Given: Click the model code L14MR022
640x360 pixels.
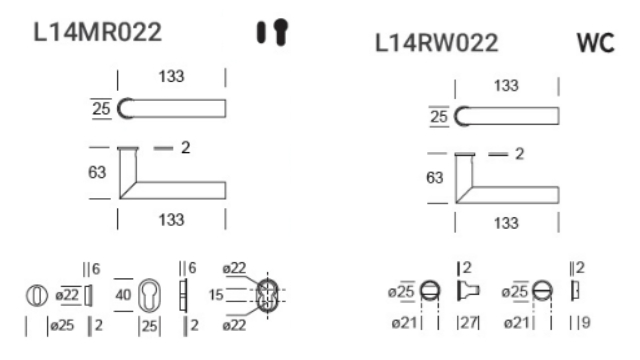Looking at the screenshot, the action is (97, 32).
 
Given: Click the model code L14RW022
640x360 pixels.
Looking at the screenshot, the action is (436, 42).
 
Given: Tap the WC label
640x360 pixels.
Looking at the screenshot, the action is (596, 42).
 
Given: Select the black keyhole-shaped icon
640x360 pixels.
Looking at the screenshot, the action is (281, 31).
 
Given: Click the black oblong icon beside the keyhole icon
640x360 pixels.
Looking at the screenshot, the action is (261, 32).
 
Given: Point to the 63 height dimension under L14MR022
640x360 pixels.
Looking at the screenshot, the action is (97, 172).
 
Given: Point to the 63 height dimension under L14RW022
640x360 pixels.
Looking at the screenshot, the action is (435, 178).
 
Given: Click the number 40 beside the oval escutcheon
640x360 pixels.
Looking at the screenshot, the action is (123, 294).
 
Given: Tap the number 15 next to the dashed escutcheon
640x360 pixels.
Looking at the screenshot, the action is (216, 295).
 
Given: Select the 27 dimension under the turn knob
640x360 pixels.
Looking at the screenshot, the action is (469, 322).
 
